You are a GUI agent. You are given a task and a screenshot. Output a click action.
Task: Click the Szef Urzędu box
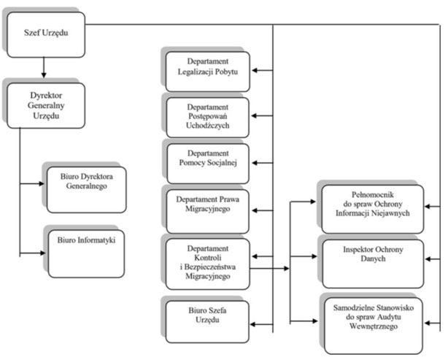(46, 34)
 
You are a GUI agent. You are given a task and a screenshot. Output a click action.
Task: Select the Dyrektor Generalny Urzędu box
(46, 105)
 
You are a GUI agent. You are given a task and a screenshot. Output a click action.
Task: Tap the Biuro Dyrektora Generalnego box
(87, 190)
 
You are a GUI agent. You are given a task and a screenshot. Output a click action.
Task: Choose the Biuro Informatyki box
(86, 253)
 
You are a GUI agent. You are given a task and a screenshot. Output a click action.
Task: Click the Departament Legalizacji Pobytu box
(208, 72)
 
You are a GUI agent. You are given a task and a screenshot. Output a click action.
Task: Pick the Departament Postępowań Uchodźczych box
(208, 118)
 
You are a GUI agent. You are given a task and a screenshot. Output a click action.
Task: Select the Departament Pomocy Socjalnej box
(208, 164)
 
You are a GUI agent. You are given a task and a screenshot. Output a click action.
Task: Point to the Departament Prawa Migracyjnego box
(208, 211)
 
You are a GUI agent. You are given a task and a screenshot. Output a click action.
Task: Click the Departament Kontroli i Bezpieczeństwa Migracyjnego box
(208, 264)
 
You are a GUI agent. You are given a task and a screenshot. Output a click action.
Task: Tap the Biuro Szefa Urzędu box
(207, 322)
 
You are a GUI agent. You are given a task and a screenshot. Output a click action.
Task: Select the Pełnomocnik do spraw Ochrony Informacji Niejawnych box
(373, 209)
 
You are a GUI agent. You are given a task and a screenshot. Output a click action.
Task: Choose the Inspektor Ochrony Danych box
(373, 264)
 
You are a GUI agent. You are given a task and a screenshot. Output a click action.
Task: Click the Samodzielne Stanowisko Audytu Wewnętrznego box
(374, 326)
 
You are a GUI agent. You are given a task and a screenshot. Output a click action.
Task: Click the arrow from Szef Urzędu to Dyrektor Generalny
(44, 67)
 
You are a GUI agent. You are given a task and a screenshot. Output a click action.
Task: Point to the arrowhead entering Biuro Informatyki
(43, 253)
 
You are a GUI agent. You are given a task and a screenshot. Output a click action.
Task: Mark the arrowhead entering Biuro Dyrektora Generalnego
(42, 183)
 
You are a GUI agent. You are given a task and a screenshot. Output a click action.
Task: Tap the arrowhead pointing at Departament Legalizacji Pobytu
(255, 70)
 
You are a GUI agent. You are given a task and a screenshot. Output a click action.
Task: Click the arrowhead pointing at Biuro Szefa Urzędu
(252, 324)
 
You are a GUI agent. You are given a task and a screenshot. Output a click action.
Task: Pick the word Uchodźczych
(208, 126)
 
